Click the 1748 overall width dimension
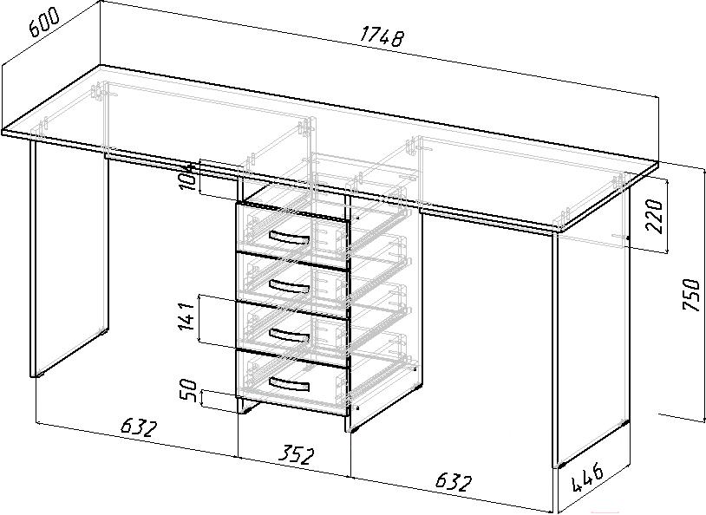pos(381,36)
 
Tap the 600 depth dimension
pos(43,22)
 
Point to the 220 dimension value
pos(655,216)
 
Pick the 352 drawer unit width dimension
pos(295,455)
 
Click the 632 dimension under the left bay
pos(139,427)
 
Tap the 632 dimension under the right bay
pos(454,482)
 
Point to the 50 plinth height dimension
pos(189,390)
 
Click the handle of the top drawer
pos(289,238)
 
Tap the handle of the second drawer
pos(289,285)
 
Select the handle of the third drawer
pos(289,335)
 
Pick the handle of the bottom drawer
pos(289,383)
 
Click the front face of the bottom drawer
pos(292,381)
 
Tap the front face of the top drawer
pos(292,236)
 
